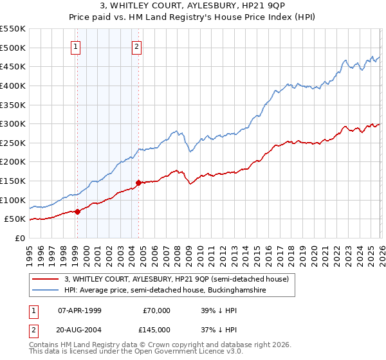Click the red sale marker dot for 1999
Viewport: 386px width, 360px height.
[x=77, y=211]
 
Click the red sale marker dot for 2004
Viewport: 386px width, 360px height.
[x=138, y=183]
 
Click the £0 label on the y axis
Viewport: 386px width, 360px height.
[x=19, y=238]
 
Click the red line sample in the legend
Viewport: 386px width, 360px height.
[x=46, y=279]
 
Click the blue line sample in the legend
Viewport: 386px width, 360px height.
[x=46, y=291]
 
